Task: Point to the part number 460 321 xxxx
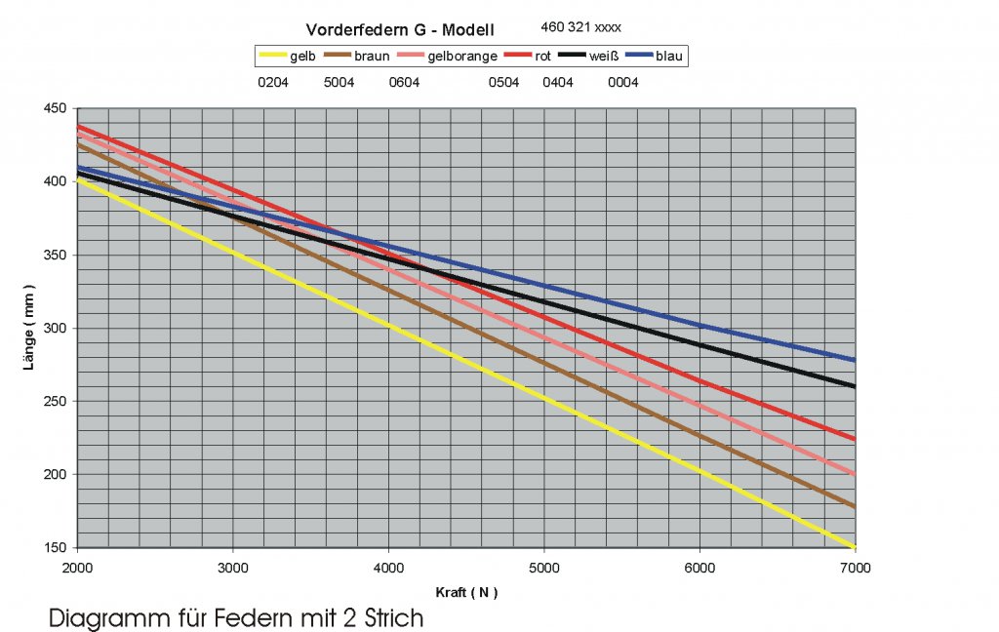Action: click(x=580, y=27)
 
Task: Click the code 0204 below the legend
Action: click(x=272, y=83)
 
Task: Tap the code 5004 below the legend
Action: click(x=339, y=83)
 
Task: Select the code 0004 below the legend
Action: click(x=622, y=83)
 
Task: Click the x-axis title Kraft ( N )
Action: click(x=466, y=592)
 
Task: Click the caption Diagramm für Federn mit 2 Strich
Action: click(x=236, y=618)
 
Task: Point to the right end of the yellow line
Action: click(x=854, y=547)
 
